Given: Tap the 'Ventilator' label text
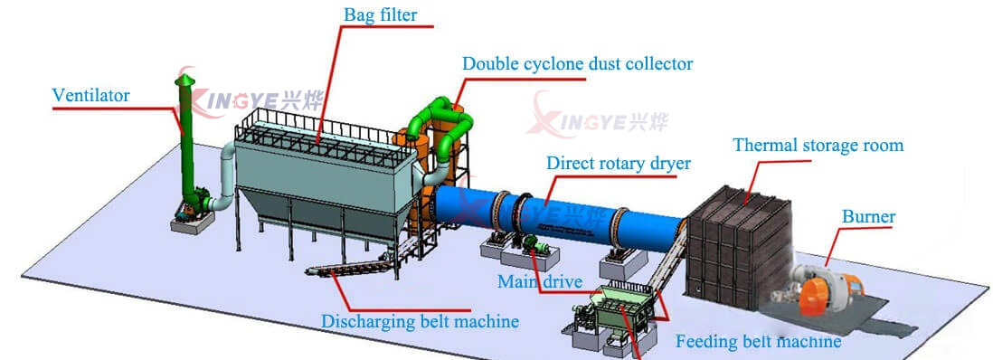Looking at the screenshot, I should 90,95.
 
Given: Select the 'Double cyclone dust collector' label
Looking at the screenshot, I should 577,64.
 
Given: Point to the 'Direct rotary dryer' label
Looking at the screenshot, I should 618,164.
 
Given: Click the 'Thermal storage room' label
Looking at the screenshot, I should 818,146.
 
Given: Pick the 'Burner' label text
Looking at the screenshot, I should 868,217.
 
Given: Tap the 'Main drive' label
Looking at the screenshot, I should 539,282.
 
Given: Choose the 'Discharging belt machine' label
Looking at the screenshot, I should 421,321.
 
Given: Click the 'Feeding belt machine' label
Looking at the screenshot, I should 758,341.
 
